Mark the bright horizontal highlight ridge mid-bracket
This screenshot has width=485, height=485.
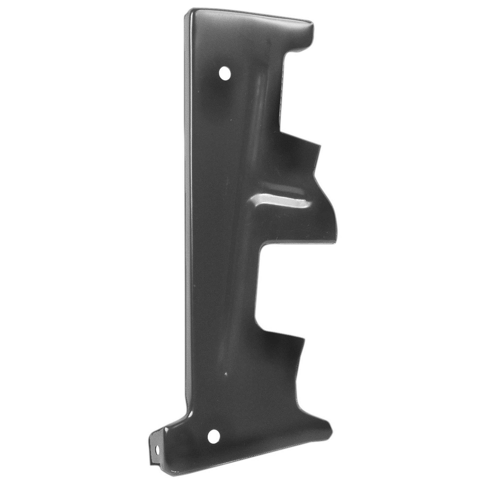click(x=282, y=200)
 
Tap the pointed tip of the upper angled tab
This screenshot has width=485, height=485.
click(x=319, y=146)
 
